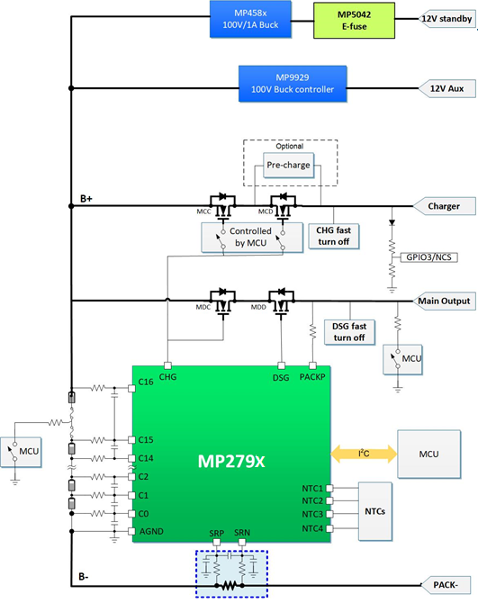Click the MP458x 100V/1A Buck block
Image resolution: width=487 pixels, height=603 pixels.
[250, 19]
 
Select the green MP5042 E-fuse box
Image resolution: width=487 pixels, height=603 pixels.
[354, 21]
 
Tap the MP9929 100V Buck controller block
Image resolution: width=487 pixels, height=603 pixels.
[293, 84]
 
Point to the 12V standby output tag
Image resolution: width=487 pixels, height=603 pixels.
[446, 19]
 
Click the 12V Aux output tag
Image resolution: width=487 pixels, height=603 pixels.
[446, 88]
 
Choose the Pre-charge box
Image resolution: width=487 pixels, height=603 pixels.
[288, 165]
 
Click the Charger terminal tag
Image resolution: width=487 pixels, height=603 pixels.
[444, 206]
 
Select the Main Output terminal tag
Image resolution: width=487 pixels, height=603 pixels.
[444, 301]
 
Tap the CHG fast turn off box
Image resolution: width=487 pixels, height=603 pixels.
[333, 236]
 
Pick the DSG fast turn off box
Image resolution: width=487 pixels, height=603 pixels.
[349, 332]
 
